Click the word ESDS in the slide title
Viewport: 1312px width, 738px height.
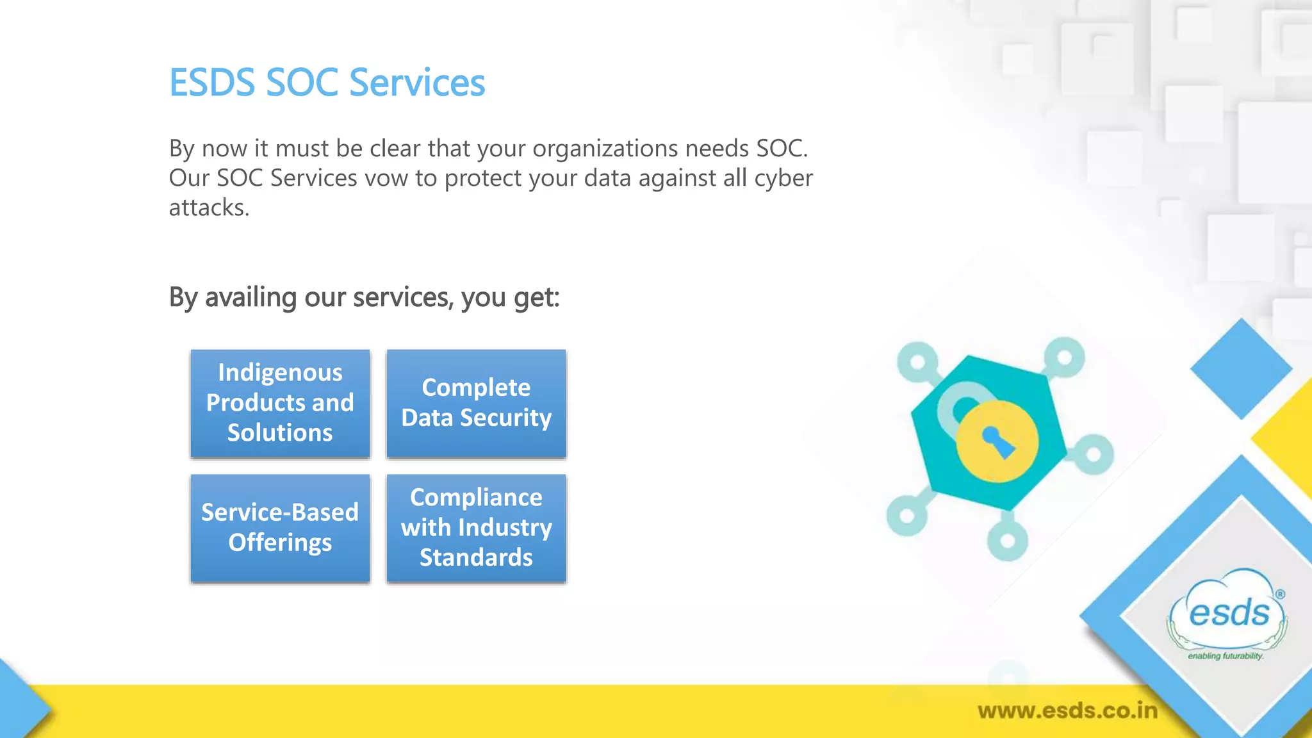211,83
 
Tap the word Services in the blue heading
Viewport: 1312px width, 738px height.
417,83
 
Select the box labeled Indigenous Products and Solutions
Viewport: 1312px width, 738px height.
280,403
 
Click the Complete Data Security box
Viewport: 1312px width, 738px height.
476,403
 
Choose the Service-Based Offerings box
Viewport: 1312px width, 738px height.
280,528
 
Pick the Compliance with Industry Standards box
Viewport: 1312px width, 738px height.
476,528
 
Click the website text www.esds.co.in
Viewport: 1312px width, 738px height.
1067,710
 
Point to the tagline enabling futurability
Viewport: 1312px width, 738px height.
1225,656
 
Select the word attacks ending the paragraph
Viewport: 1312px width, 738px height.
208,208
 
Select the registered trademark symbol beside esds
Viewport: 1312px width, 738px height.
1280,594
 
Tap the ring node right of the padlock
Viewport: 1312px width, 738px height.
1094,455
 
